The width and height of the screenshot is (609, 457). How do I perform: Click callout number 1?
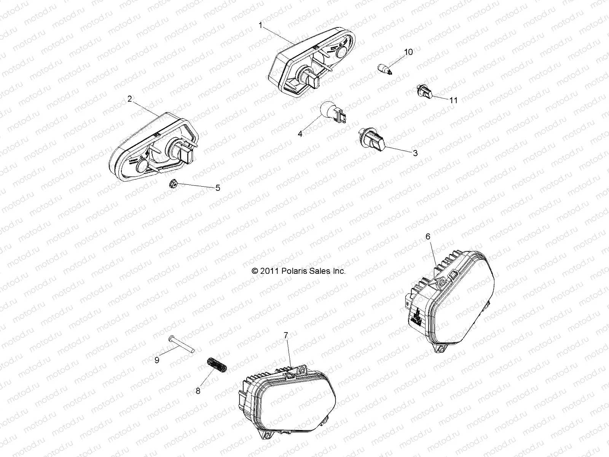coord(260,26)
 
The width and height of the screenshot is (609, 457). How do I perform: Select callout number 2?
coord(130,88)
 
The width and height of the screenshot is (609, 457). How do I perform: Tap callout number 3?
coord(415,153)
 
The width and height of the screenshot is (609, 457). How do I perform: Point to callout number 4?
coord(300,134)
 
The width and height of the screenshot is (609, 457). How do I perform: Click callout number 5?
coord(218,188)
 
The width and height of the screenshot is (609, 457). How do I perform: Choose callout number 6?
coord(428,236)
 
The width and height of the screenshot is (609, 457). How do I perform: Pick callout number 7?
coord(286,335)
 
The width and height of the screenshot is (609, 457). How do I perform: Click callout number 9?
coord(157,360)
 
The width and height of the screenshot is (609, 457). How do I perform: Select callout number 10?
coord(408,52)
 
